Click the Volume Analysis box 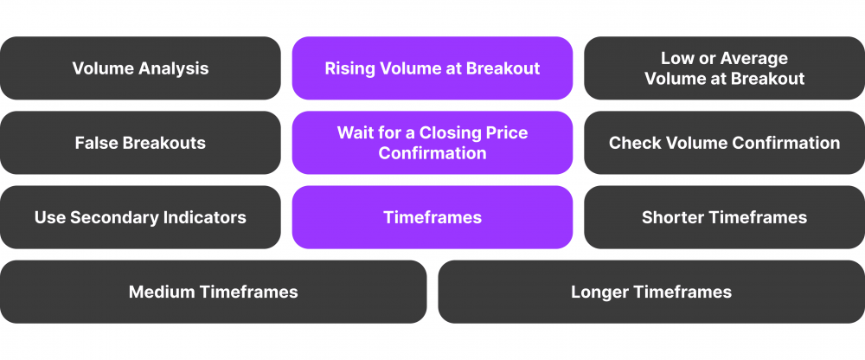click(140, 68)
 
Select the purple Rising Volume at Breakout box click(432, 68)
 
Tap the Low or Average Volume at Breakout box click(724, 68)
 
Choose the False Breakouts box click(140, 143)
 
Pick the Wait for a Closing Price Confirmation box click(432, 143)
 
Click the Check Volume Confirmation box click(724, 143)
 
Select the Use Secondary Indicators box click(140, 217)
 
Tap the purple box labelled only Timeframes click(432, 217)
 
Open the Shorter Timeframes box click(724, 217)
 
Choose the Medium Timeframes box click(213, 292)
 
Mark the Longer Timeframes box click(651, 292)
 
